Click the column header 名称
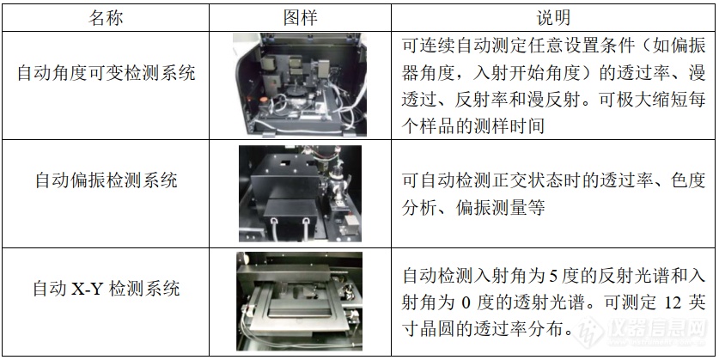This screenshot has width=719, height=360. click(106, 18)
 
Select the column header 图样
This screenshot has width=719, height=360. click(301, 18)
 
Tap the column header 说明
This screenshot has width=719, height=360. click(553, 18)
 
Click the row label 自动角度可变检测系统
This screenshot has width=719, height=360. click(106, 73)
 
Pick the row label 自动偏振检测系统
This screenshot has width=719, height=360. click(106, 180)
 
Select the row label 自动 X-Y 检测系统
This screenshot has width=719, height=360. click(106, 289)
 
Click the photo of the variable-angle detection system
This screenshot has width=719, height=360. click(300, 85)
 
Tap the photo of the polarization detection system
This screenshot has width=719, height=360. click(300, 193)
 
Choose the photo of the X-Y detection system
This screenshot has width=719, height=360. click(300, 302)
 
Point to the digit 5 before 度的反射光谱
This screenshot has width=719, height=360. click(553, 276)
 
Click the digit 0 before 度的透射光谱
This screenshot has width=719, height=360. click(465, 303)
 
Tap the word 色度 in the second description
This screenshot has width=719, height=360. click(689, 180)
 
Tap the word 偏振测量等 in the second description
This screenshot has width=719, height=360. click(500, 207)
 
